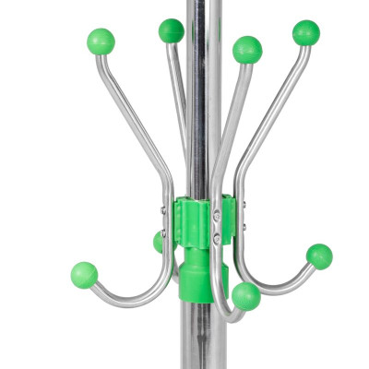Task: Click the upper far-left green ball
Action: click(101, 42)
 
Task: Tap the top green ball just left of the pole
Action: click(171, 30)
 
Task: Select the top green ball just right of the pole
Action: click(246, 49)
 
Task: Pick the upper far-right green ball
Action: click(305, 33)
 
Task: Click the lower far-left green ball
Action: click(84, 275)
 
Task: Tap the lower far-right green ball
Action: click(319, 256)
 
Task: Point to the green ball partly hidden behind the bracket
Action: click(159, 242)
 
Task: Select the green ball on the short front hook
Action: click(245, 296)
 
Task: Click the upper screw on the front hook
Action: click(217, 216)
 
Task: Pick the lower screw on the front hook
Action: click(217, 238)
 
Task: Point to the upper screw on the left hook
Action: click(163, 211)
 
